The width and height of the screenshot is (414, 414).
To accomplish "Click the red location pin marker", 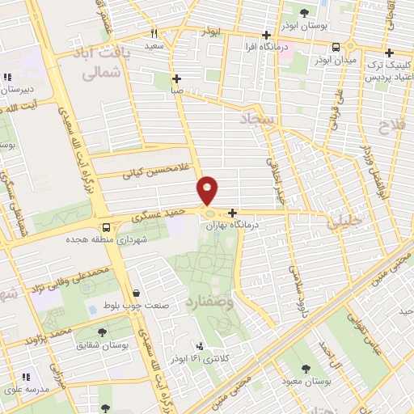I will [208, 192].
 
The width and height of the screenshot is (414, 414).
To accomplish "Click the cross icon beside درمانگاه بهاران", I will [233, 213].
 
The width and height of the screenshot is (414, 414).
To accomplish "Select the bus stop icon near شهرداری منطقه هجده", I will [105, 226].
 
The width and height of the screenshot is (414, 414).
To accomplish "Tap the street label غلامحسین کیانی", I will [149, 169].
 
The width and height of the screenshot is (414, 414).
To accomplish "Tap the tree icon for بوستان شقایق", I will [103, 332].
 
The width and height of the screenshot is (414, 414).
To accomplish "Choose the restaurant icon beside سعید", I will [154, 33].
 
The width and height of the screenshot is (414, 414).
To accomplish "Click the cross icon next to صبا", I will [177, 78].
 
